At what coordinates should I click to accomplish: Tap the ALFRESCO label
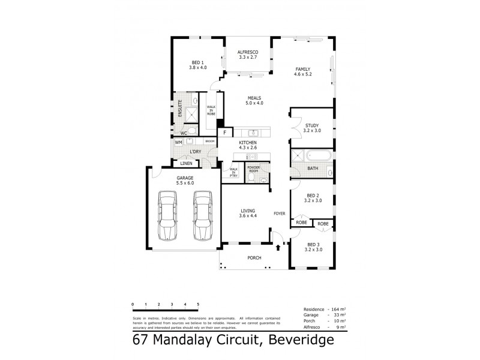[x=247, y=54]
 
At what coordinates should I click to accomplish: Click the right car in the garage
[x=203, y=215]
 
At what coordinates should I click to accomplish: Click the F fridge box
[x=224, y=132]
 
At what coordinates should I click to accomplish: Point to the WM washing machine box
[x=178, y=142]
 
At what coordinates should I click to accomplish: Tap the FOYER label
[x=279, y=213]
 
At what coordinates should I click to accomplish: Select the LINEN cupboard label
[x=187, y=163]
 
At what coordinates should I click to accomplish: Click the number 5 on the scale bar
[x=198, y=305]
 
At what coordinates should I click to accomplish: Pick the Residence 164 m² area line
[x=325, y=308]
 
